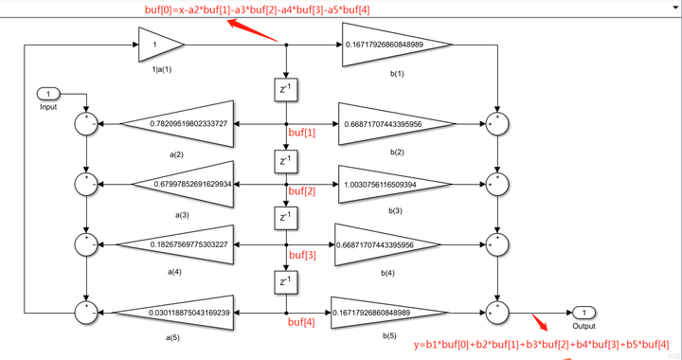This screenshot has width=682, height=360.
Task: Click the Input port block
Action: [49, 94]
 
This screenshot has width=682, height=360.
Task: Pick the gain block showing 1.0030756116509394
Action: [388, 185]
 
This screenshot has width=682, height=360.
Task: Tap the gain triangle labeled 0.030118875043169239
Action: [176, 311]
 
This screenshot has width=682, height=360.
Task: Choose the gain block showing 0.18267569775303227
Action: [180, 245]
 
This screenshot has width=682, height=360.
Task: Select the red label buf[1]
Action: [303, 133]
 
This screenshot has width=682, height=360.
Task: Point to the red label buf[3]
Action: [303, 255]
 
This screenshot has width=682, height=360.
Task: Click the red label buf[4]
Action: [303, 321]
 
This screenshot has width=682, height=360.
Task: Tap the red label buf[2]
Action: [303, 192]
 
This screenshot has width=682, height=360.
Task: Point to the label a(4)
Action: [175, 272]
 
